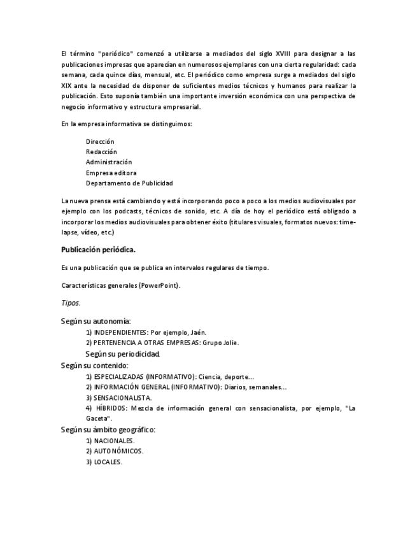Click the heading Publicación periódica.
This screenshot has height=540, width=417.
coord(98,250)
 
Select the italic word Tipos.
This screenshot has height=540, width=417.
coord(71,303)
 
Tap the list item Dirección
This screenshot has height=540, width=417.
coord(100,141)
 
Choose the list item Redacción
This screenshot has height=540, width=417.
coord(101,152)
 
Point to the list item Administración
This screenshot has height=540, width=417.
coord(109,162)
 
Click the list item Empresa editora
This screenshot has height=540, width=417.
coord(111,173)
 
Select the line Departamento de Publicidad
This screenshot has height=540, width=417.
coord(129,183)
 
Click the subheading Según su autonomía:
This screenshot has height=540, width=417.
coord(96,322)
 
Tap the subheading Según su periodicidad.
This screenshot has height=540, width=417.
coord(123,353)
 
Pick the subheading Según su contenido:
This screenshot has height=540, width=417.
coord(95,366)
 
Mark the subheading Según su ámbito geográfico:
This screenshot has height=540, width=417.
coord(108,430)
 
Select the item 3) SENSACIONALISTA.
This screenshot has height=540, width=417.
coord(118,397)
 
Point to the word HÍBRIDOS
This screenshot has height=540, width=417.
coord(112,408)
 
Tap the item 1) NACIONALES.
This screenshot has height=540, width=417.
coord(110,441)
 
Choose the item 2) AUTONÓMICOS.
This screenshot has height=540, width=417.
coord(115,451)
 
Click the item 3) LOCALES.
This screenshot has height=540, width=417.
coord(104,462)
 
